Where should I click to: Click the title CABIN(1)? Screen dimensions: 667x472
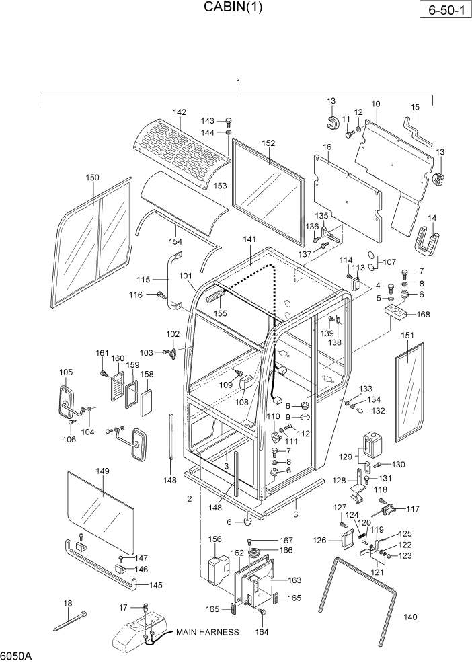(x=233, y=8)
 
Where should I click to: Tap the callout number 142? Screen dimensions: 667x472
(x=179, y=112)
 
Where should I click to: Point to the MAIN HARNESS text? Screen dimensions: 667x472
(x=207, y=632)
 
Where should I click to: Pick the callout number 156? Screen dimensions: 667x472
(x=214, y=539)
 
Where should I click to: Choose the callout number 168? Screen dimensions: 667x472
(x=423, y=314)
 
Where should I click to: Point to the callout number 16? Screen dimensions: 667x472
(x=327, y=147)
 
